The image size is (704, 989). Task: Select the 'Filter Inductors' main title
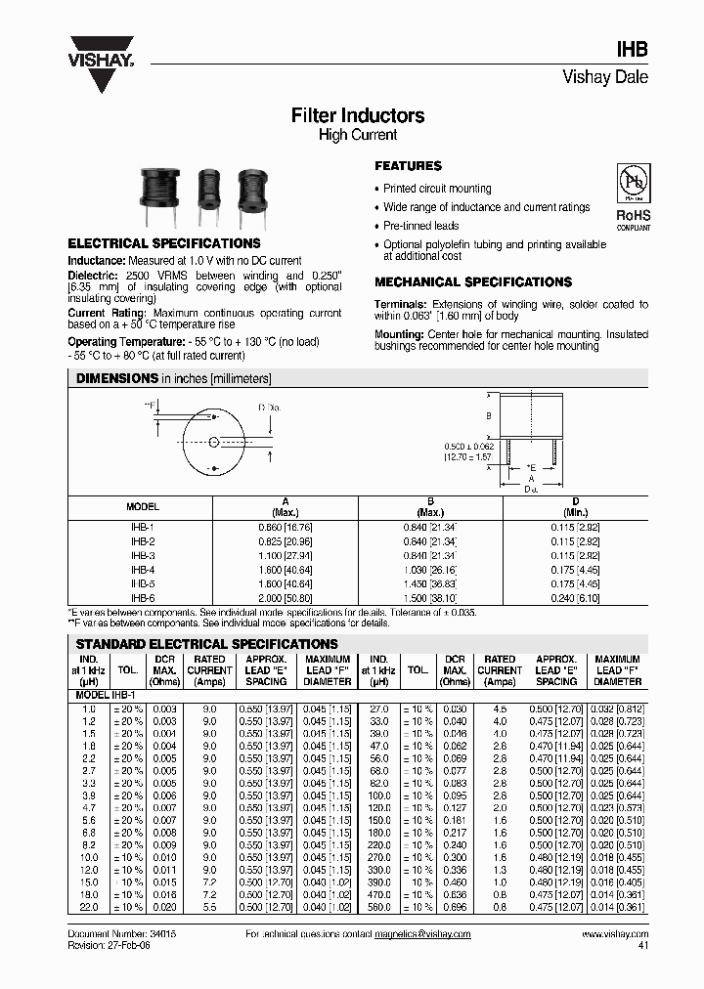point(358,115)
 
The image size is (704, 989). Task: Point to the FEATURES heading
point(409,166)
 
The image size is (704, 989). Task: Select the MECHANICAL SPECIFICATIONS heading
point(473,282)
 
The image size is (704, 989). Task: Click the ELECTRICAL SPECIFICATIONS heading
point(163,243)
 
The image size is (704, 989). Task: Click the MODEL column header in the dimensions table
point(143,507)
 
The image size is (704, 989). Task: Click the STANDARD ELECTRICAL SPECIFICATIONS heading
point(206,644)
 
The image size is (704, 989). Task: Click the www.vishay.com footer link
point(614,934)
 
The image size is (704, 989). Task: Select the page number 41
point(642,946)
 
